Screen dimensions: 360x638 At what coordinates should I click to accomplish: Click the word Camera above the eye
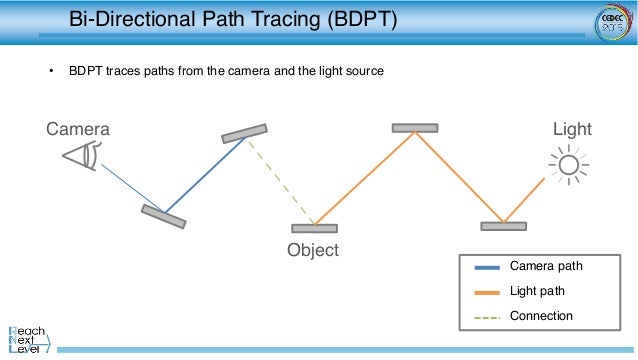[x=78, y=130]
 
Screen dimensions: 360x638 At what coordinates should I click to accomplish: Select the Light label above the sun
[x=572, y=130]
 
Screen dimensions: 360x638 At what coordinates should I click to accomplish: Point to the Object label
[x=313, y=250]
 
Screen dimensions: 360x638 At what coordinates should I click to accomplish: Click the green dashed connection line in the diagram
[x=282, y=181]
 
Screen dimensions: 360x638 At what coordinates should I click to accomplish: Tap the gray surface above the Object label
[x=314, y=229]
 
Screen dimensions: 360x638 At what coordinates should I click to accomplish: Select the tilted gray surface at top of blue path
[x=245, y=134]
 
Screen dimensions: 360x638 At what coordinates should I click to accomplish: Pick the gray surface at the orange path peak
[x=414, y=128]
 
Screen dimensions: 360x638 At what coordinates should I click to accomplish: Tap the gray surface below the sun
[x=503, y=226]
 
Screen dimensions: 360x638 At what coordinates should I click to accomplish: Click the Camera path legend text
[x=545, y=267]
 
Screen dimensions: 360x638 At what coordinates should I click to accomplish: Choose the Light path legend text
[x=537, y=291]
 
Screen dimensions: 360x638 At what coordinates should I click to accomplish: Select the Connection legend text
[x=541, y=316]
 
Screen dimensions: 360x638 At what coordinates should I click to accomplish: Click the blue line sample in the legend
[x=488, y=267]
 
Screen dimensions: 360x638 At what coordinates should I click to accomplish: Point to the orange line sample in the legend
[x=488, y=292]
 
